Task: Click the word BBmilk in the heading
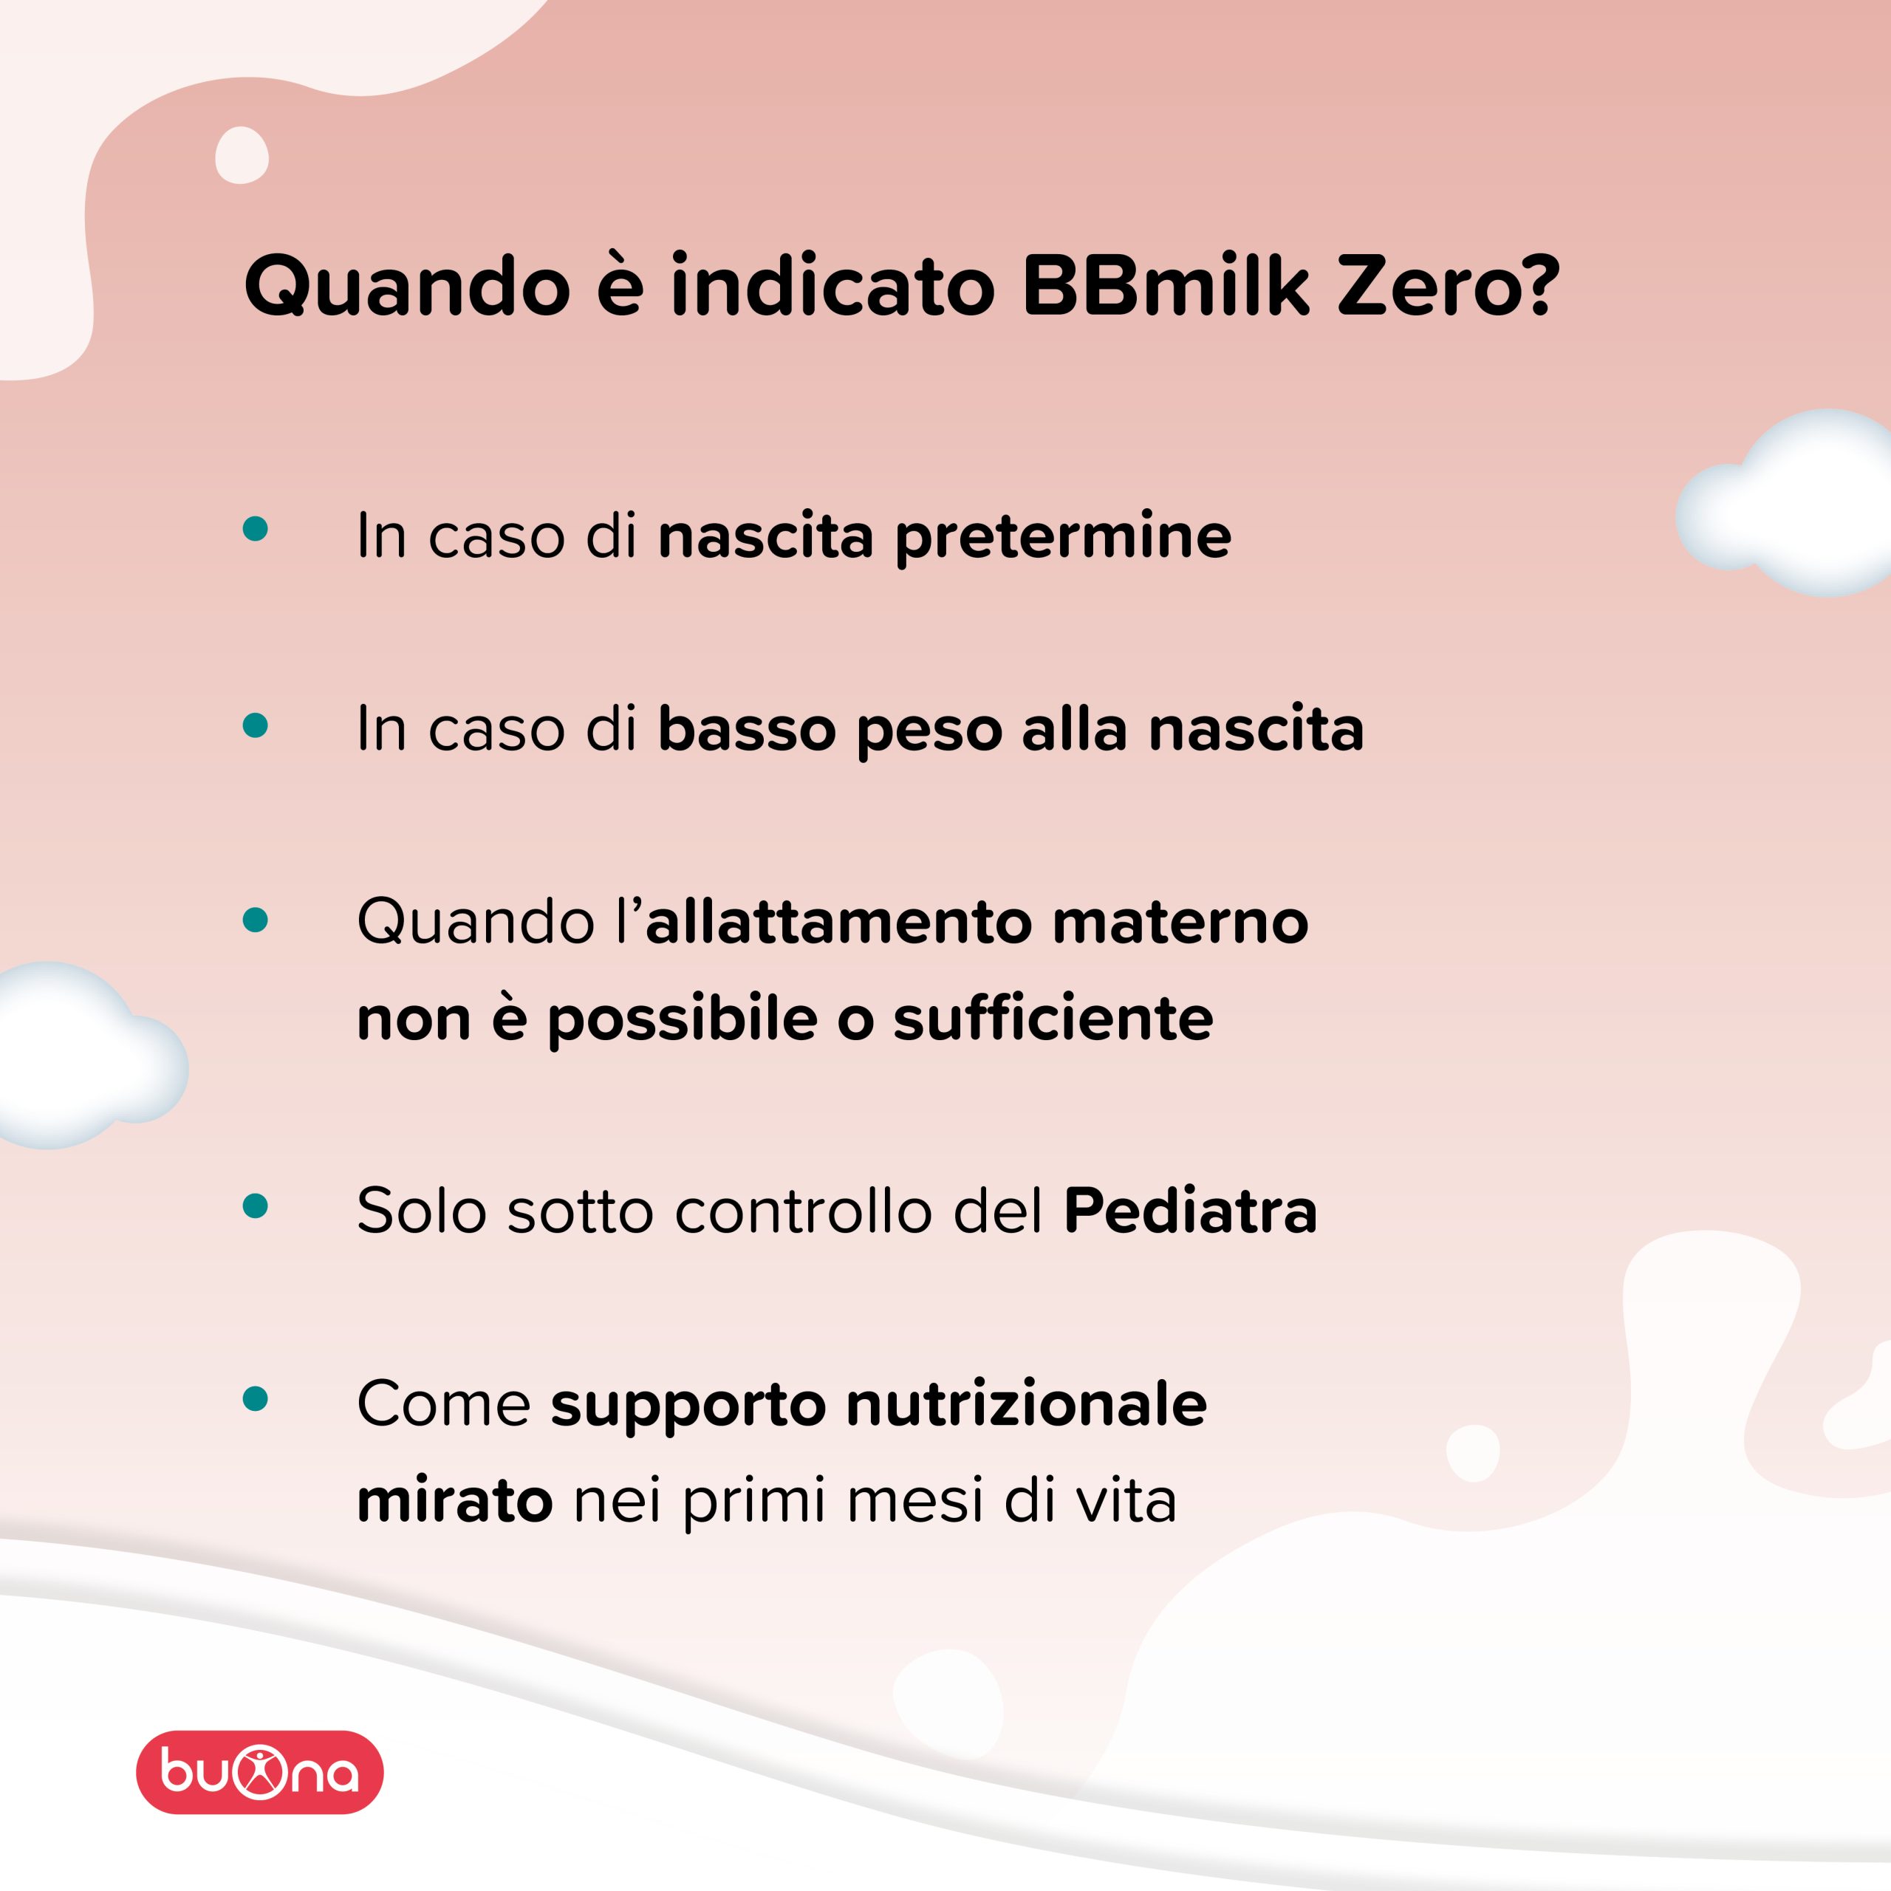(x=1165, y=286)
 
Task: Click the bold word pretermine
(x=1063, y=537)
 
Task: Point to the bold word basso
(x=746, y=730)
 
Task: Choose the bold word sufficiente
(x=1053, y=1018)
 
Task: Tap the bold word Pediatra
(x=1190, y=1211)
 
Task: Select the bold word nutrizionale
(x=1027, y=1404)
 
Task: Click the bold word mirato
(x=455, y=1500)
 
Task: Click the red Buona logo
(x=259, y=1773)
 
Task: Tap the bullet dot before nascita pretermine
(x=256, y=529)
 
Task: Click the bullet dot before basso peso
(x=256, y=725)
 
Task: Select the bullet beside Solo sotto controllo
(x=256, y=1206)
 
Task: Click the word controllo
(x=803, y=1211)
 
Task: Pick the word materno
(x=1180, y=922)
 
